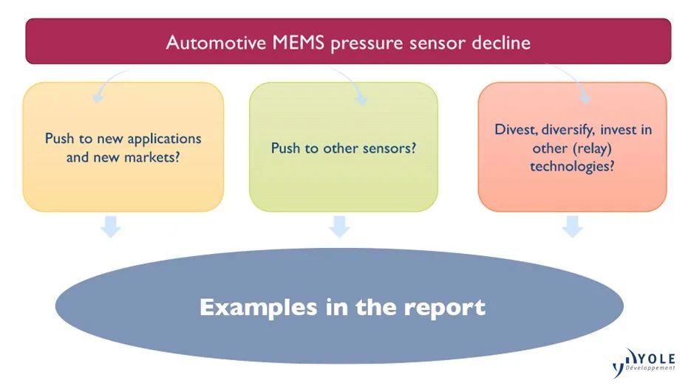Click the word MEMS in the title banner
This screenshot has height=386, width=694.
299,43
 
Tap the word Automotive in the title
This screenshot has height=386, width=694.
217,43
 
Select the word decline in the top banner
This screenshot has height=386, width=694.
501,43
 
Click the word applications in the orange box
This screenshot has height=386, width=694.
164,139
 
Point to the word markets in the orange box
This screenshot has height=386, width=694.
152,157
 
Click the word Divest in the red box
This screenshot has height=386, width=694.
516,130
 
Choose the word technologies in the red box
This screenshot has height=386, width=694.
572,167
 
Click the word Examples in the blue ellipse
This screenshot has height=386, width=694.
259,308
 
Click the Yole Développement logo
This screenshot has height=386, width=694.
644,362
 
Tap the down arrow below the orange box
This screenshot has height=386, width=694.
111,227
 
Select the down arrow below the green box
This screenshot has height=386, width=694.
339,227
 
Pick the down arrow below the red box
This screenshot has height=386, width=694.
573,227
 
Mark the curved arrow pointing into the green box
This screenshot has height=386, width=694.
353,82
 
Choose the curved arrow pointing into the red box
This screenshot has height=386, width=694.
574,80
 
